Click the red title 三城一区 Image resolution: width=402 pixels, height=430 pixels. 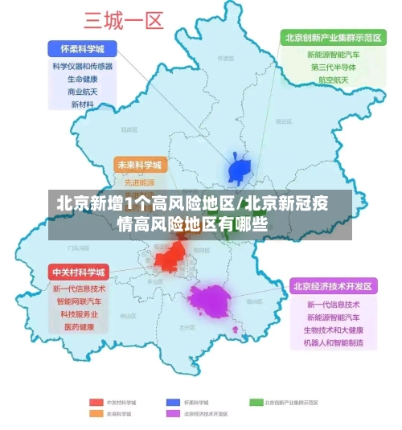tap(124, 19)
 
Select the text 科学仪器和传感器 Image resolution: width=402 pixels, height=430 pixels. tap(82, 66)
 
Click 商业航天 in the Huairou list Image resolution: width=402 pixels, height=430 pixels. tap(82, 92)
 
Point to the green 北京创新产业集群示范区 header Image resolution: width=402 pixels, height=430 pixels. tap(332, 37)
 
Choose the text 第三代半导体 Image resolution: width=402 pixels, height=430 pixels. tap(332, 68)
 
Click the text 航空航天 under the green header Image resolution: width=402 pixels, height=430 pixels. tap(332, 80)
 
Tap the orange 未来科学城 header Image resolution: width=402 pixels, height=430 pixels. tap(140, 165)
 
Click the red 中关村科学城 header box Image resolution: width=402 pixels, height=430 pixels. tap(78, 271)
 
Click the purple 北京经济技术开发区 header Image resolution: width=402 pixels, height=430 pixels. tap(333, 285)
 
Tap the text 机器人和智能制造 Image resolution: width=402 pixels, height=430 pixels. tap(333, 343)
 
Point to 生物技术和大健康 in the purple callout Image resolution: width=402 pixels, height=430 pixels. tap(333, 330)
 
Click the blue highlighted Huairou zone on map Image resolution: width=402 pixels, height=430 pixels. tap(240, 170)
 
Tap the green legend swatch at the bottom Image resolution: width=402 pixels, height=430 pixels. tap(256, 402)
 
